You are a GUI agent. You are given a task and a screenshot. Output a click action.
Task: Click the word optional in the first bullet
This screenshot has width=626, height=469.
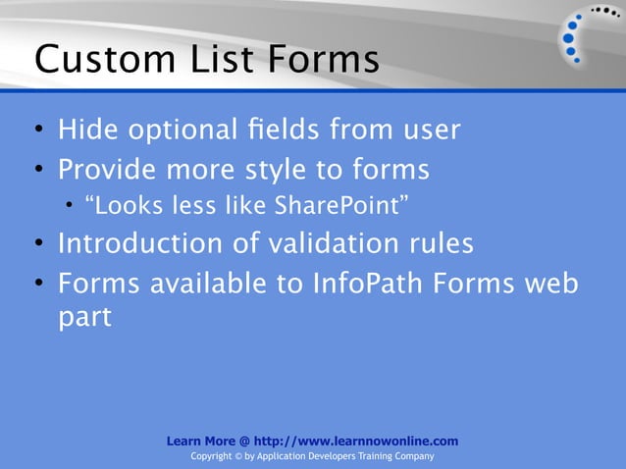tap(180, 130)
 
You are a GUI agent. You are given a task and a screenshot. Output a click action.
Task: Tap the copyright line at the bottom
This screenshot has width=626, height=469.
tap(312, 457)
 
